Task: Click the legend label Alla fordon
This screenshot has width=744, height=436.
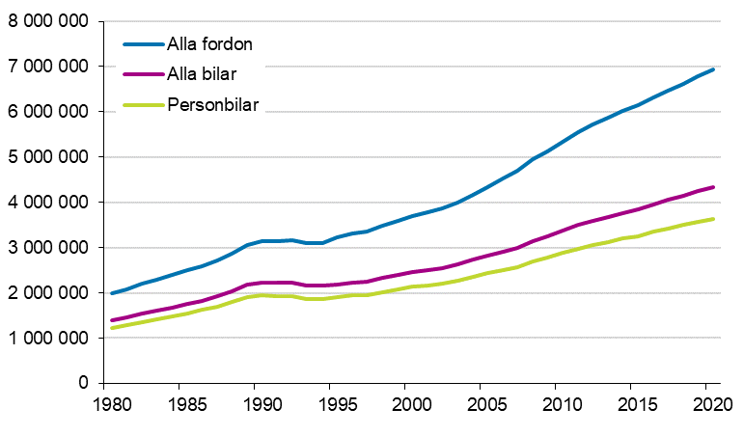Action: tap(209, 44)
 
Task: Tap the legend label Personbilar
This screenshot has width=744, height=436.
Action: tap(212, 106)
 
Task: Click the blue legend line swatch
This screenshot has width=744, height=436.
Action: tap(142, 44)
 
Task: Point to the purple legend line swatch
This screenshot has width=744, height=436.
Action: tap(142, 75)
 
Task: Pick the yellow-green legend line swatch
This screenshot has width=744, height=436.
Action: tap(142, 106)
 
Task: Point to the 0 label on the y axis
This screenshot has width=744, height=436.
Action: tap(84, 384)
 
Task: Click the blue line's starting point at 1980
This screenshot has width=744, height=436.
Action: tap(112, 293)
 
